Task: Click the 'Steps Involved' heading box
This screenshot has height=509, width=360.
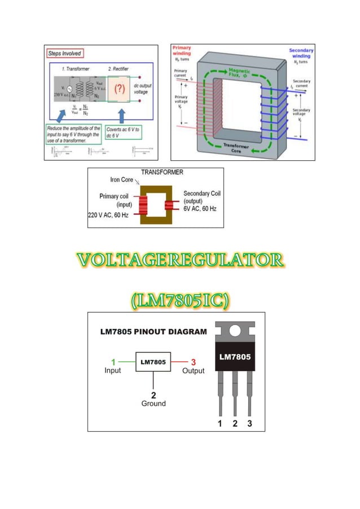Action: (x=65, y=54)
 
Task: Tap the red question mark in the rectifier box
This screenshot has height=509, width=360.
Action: (x=120, y=90)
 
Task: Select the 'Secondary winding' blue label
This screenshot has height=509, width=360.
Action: (x=301, y=54)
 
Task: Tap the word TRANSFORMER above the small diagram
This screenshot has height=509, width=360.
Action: (x=162, y=172)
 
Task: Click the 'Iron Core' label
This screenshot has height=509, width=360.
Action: (x=121, y=180)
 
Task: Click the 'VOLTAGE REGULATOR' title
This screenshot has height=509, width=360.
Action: (x=180, y=260)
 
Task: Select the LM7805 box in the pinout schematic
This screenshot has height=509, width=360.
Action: (x=153, y=362)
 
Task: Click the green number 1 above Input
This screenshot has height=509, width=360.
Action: (x=113, y=362)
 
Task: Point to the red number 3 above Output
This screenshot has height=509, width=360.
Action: (x=193, y=362)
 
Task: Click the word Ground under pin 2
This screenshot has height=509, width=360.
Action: (x=153, y=403)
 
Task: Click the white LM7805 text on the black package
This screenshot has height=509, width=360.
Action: (x=235, y=357)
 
